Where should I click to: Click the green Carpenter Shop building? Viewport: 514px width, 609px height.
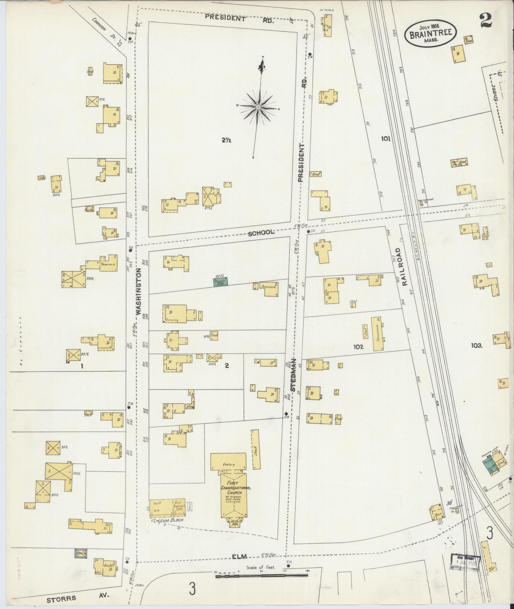[220, 282]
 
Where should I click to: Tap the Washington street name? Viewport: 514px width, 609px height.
[139, 291]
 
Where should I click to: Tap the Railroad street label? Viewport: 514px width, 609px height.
[404, 267]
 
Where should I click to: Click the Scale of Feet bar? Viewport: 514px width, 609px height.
[262, 576]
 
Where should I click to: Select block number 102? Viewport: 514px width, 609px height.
[358, 347]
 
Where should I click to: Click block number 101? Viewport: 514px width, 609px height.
[385, 138]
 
